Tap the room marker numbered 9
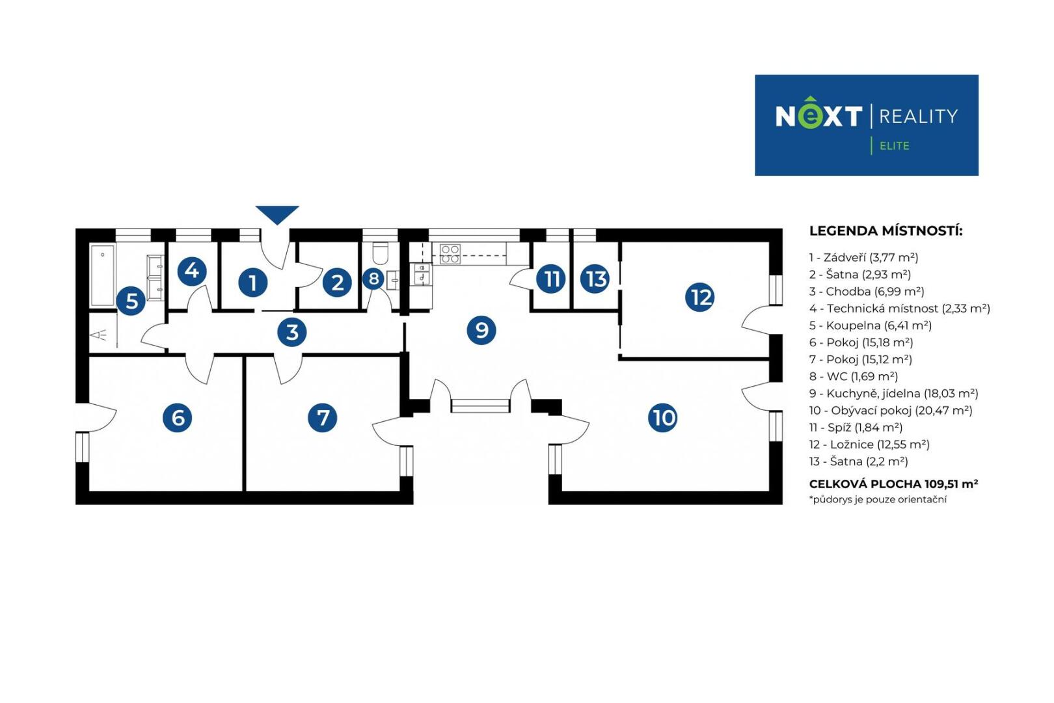click(481, 330)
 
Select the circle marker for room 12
click(699, 297)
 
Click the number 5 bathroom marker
click(131, 301)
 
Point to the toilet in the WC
click(380, 253)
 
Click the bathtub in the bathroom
click(103, 275)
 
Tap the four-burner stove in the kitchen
click(450, 254)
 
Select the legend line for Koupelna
click(870, 325)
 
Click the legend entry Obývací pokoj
click(890, 410)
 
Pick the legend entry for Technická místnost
click(899, 309)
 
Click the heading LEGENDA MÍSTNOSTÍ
click(885, 231)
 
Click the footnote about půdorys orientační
click(878, 500)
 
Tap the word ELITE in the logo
click(894, 146)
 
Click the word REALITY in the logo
click(918, 117)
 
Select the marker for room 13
click(595, 279)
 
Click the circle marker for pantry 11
click(550, 279)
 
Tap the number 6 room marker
click(178, 417)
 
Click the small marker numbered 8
click(373, 279)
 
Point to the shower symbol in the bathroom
click(99, 335)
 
